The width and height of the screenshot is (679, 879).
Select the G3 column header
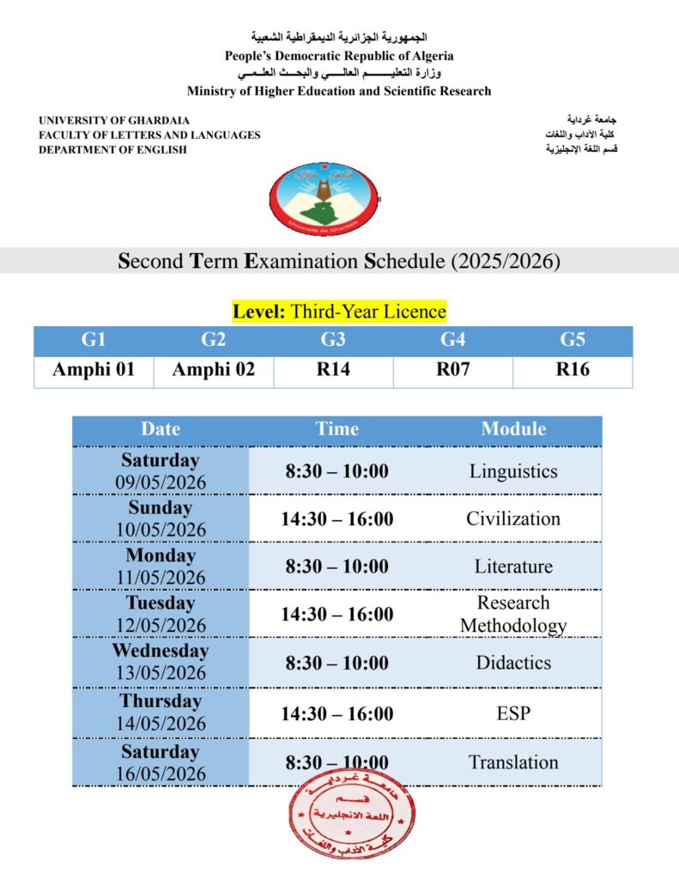[x=333, y=341]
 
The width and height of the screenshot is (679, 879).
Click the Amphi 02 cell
[x=213, y=371]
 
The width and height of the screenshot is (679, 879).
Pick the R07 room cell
[x=452, y=371]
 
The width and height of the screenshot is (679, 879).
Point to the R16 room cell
[x=573, y=371]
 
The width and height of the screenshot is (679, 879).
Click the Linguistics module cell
[x=513, y=471]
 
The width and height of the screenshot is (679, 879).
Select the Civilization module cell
[x=513, y=518]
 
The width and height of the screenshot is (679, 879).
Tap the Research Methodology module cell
[x=513, y=615]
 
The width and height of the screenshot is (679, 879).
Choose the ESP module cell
[x=513, y=713]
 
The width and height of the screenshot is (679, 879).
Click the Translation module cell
[x=513, y=762]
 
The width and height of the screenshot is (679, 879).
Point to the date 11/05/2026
[x=161, y=578]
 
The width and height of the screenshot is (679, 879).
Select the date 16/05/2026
[x=161, y=773]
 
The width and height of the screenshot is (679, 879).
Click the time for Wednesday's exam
[x=336, y=663]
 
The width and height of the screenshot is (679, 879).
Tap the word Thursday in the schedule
[x=160, y=702]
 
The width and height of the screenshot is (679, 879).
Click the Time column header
[x=336, y=429]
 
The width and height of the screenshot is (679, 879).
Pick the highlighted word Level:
[x=259, y=311]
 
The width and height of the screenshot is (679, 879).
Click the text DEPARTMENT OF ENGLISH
[x=112, y=149]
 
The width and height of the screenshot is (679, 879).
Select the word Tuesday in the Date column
[x=161, y=603]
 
